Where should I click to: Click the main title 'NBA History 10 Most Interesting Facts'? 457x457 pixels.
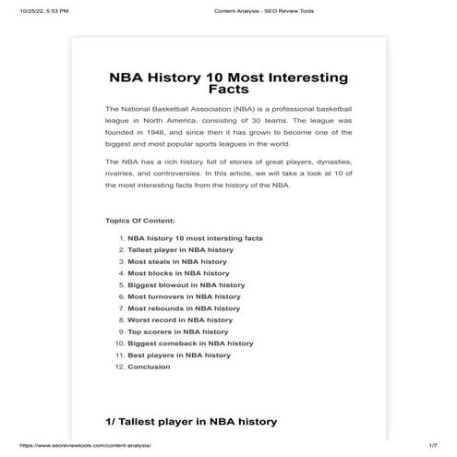[x=228, y=84]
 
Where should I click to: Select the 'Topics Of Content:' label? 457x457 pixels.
[x=140, y=221]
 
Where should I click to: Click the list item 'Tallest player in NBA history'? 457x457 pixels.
[x=180, y=249]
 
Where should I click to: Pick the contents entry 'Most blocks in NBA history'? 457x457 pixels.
[x=178, y=273]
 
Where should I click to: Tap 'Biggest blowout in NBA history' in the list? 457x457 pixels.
[x=186, y=285]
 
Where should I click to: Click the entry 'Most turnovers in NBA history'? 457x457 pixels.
[x=184, y=296]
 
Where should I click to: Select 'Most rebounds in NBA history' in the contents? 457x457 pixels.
[x=183, y=308]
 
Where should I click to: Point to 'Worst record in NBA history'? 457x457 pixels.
[x=180, y=320]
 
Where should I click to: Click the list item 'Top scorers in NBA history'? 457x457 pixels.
[x=177, y=331]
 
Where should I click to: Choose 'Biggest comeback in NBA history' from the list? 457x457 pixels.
[x=190, y=343]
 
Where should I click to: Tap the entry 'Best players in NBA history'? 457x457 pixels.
[x=179, y=355]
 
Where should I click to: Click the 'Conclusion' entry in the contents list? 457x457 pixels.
[x=149, y=367]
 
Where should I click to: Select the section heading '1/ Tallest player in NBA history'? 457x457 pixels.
[x=191, y=422]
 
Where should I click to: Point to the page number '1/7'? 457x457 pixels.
[x=432, y=446]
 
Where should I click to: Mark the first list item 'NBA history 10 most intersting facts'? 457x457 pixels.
[x=195, y=238]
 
